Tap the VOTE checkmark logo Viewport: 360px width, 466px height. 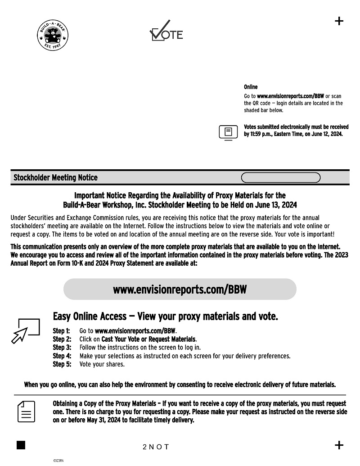(166, 32)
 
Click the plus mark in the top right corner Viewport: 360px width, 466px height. (339, 21)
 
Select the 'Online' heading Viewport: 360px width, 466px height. (251, 87)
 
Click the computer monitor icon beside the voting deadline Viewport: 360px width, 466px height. (228, 132)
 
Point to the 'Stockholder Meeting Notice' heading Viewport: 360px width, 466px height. (55, 178)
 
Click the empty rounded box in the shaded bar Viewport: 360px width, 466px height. (281, 178)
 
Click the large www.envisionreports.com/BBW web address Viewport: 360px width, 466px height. (180, 289)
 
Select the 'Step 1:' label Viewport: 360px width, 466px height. (62, 331)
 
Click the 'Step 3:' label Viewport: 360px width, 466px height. (62, 348)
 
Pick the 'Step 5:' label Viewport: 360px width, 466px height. (62, 364)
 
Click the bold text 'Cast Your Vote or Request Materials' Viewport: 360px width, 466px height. (148, 339)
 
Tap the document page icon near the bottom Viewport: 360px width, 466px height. (26, 412)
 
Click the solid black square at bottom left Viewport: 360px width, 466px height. (21, 445)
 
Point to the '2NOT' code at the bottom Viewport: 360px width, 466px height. (156, 447)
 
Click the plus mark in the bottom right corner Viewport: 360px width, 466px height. (339, 445)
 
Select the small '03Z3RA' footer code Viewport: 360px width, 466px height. (58, 461)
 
